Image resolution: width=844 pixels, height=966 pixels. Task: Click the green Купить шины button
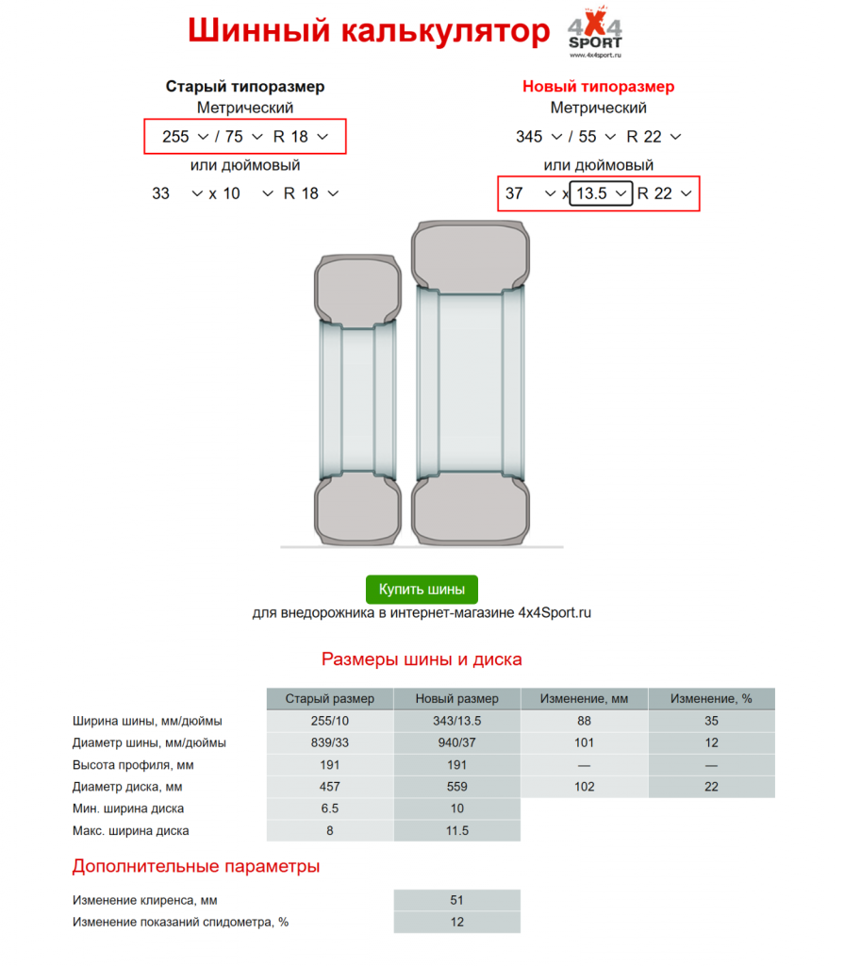pyautogui.click(x=422, y=590)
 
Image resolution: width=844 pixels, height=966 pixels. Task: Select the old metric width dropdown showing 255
pyautogui.click(x=185, y=137)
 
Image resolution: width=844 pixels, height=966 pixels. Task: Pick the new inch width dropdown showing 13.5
pyautogui.click(x=601, y=193)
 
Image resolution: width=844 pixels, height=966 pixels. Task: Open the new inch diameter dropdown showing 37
pyautogui.click(x=530, y=193)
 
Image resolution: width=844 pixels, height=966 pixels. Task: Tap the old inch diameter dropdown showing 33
pyautogui.click(x=176, y=193)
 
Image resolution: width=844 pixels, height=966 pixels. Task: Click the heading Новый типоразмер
pyautogui.click(x=598, y=87)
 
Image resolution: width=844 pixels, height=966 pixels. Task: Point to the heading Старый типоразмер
pyautogui.click(x=245, y=87)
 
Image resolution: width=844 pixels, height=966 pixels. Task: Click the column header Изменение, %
pyautogui.click(x=711, y=699)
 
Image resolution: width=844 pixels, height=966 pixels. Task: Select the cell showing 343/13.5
pyautogui.click(x=456, y=722)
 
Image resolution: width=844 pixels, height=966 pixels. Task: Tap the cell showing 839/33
pyautogui.click(x=329, y=743)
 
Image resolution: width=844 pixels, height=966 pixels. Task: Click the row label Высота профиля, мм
pyautogui.click(x=133, y=765)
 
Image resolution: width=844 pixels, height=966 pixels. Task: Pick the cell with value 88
pyautogui.click(x=584, y=722)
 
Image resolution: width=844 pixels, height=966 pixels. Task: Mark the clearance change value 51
pyautogui.click(x=456, y=900)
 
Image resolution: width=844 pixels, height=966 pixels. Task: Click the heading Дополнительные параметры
pyautogui.click(x=196, y=866)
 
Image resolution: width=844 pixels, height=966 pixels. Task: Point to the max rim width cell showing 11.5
pyautogui.click(x=456, y=831)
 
